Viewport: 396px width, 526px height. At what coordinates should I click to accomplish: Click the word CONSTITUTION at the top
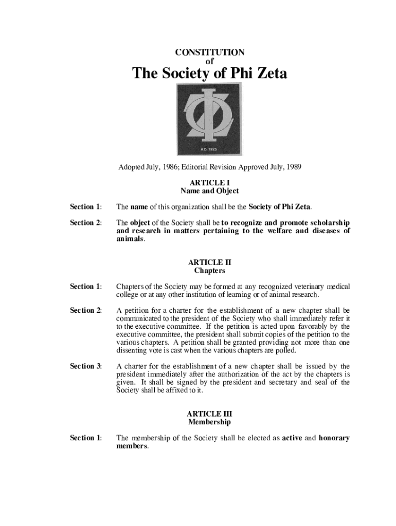[x=210, y=52]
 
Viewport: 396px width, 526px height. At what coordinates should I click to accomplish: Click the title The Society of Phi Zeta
[x=210, y=74]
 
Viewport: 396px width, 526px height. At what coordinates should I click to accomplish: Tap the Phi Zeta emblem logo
[x=210, y=119]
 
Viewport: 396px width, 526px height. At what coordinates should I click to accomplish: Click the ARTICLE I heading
[x=210, y=182]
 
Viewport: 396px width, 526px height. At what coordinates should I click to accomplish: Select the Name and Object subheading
[x=210, y=191]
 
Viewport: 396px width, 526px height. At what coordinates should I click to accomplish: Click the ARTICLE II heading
[x=210, y=262]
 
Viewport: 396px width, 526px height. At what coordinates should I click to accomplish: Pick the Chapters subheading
[x=210, y=270]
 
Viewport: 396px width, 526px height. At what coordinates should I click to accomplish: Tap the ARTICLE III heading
[x=210, y=414]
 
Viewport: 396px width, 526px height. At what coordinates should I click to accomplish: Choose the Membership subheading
[x=210, y=422]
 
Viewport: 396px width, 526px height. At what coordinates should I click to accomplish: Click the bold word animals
[x=130, y=239]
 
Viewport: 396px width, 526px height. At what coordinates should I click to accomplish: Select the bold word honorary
[x=334, y=438]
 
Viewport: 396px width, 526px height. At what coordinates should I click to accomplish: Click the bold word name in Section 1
[x=139, y=207]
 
